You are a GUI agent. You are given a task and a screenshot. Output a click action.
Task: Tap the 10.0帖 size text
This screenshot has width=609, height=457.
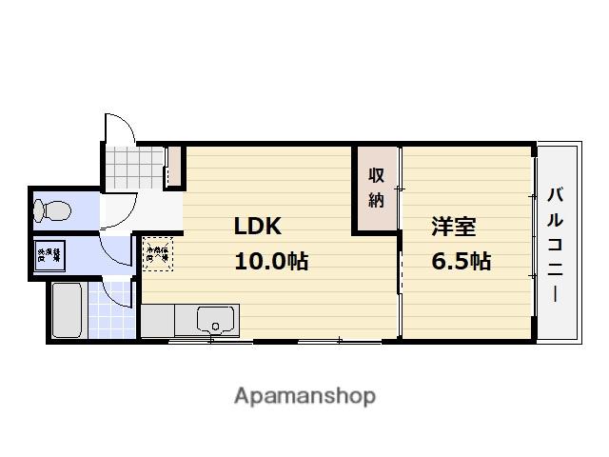(x=270, y=261)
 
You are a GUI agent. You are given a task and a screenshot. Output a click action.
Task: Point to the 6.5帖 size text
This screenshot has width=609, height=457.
(x=461, y=261)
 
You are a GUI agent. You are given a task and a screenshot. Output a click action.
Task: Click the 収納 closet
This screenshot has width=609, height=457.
(x=376, y=188)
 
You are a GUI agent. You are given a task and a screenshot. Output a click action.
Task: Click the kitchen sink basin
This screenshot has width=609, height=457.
(x=218, y=320)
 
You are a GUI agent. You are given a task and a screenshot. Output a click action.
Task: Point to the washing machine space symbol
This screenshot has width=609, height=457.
(x=49, y=254)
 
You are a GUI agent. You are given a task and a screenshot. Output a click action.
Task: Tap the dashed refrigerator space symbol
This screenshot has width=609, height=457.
(x=156, y=253)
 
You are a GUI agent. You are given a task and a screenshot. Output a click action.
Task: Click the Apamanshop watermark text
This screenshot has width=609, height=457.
(x=304, y=395)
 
